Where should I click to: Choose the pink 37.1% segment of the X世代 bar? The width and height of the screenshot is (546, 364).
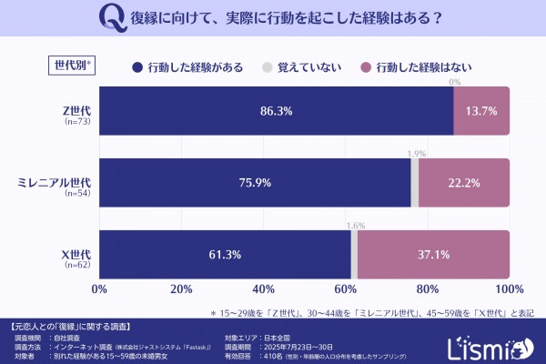433,254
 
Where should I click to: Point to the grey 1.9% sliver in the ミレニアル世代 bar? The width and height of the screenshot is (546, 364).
414,182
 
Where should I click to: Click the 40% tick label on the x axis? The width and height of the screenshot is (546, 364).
263,288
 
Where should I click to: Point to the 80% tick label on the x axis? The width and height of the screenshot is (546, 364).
427,288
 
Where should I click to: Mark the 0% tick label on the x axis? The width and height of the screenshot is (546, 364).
99,288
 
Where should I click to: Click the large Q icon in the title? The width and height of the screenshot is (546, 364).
111,16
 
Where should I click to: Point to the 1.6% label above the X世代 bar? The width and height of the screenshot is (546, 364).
355,225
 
